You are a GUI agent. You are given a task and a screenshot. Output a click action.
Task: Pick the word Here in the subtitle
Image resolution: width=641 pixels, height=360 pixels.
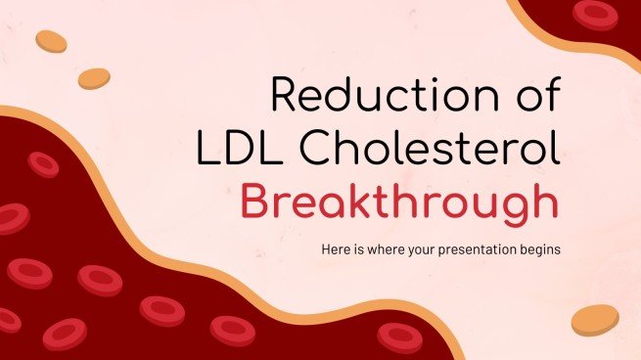pos(336,249)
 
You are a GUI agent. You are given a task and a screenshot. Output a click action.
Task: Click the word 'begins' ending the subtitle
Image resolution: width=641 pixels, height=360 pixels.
pos(542,249)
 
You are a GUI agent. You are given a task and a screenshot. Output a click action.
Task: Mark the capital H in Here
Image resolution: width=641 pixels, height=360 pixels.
pos(326,249)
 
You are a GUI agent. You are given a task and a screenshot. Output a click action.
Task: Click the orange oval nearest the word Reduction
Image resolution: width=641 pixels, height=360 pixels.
pos(94,77)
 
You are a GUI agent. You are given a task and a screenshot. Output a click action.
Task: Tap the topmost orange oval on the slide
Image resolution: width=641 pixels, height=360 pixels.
pos(51,41)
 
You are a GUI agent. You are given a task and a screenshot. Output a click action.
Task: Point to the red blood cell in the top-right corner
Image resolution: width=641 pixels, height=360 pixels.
pos(595,13)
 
